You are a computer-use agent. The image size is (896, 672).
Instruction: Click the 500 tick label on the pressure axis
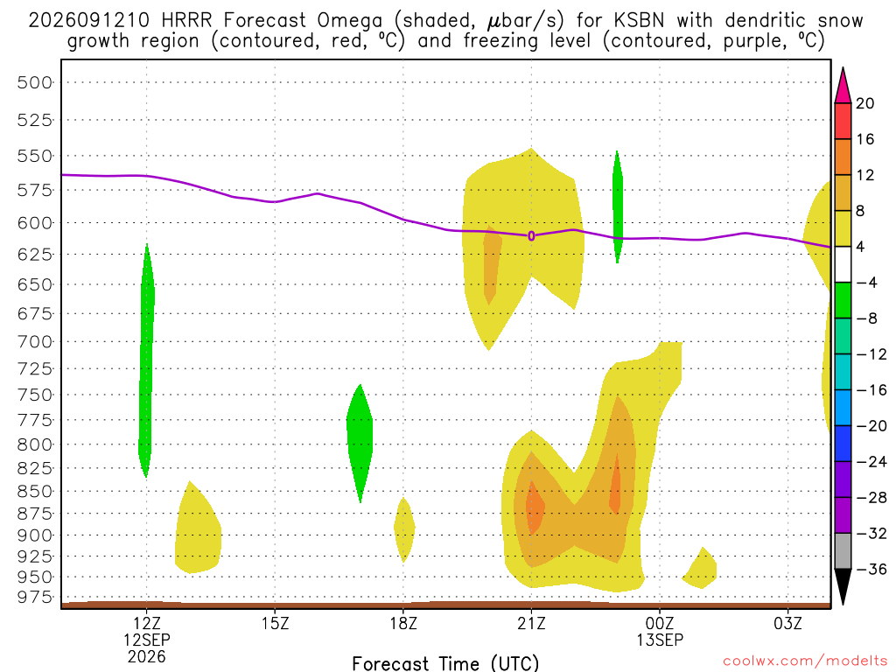[x=35, y=82]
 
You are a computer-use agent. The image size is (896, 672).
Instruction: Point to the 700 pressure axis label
[x=35, y=342]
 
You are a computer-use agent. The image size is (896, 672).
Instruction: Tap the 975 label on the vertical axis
[x=35, y=597]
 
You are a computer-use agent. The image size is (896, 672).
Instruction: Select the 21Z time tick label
[x=531, y=623]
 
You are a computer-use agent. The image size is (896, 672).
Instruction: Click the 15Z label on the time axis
[x=275, y=623]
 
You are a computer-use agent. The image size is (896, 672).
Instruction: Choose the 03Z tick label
[x=788, y=623]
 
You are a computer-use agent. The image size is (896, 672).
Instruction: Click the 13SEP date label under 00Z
[x=660, y=640]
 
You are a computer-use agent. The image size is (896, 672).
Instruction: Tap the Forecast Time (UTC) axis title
[x=445, y=663]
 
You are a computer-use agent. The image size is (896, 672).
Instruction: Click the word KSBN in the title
[x=640, y=21]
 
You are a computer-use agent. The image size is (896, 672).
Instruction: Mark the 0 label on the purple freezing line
[x=531, y=235]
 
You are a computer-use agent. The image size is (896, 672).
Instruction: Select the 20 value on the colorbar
[x=865, y=103]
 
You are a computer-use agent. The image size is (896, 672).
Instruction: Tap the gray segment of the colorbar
[x=843, y=551]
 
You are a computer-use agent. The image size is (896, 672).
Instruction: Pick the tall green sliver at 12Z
[x=147, y=360]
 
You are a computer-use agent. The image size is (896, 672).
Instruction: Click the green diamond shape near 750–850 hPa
[x=360, y=443]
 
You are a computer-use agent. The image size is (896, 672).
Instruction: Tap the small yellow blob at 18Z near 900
[x=404, y=529]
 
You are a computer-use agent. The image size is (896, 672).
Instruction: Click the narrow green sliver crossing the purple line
[x=617, y=206]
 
